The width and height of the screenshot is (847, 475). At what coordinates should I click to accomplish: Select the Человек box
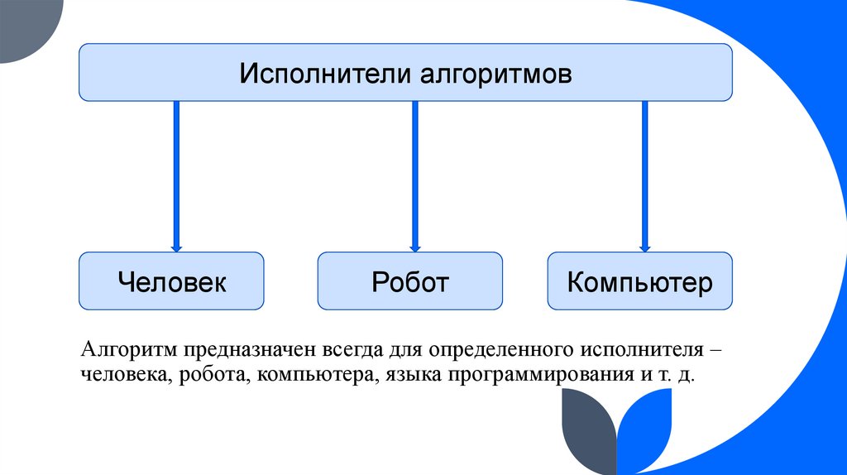coord(172,282)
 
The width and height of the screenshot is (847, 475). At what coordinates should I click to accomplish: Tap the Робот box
coord(410,282)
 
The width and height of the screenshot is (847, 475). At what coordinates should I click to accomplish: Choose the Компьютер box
coord(639,282)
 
